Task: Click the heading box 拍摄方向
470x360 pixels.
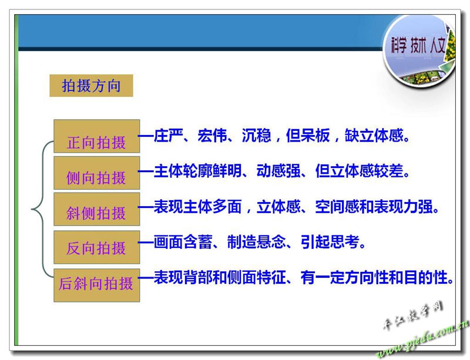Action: click(x=91, y=86)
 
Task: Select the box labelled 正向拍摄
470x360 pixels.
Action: click(x=96, y=136)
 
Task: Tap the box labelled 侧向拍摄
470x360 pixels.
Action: click(x=96, y=173)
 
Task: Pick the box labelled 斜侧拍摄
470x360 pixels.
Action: click(x=96, y=209)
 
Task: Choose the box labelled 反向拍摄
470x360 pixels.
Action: click(x=96, y=247)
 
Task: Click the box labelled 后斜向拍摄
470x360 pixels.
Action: click(x=96, y=285)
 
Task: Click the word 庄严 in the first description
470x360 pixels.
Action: click(x=169, y=136)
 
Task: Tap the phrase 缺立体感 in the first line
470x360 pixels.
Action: click(x=374, y=136)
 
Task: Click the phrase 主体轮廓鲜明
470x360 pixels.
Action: click(x=198, y=171)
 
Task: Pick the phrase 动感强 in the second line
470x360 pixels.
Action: click(x=278, y=171)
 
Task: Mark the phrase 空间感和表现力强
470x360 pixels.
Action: click(x=374, y=207)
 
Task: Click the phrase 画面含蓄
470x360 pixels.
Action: click(x=183, y=242)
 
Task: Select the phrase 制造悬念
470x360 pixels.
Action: click(x=256, y=242)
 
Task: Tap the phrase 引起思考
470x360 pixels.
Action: click(x=330, y=242)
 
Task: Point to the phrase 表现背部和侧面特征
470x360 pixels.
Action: click(x=220, y=277)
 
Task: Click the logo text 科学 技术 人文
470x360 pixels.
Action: click(x=418, y=46)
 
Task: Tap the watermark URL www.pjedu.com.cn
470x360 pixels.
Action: click(x=422, y=341)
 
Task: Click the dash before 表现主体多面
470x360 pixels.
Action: click(x=146, y=207)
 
